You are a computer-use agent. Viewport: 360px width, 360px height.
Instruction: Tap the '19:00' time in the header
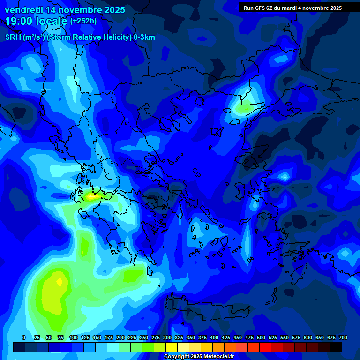(20, 21)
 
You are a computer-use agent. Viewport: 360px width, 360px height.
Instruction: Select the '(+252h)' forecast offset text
(83, 21)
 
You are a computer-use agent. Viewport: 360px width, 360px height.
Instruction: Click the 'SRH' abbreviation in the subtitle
(13, 37)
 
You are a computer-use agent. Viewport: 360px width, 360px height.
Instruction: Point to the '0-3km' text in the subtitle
(144, 37)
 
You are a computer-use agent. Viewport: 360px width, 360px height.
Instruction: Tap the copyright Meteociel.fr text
(199, 357)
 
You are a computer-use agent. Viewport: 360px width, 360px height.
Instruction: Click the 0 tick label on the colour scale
(24, 337)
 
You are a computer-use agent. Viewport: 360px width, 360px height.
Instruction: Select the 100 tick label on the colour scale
(73, 337)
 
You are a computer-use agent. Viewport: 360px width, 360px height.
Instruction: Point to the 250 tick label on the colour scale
(144, 337)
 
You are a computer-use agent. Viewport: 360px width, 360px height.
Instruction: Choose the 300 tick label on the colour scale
(167, 337)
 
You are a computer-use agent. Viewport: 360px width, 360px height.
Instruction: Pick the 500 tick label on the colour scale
(261, 337)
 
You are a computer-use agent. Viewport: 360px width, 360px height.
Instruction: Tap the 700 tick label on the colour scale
(343, 337)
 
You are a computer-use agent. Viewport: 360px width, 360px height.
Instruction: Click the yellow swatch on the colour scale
(171, 347)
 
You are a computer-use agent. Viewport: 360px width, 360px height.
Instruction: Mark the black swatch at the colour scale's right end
(336, 347)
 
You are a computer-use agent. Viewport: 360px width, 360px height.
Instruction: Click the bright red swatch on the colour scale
(265, 347)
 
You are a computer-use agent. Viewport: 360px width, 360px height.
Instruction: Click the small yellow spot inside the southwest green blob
(60, 282)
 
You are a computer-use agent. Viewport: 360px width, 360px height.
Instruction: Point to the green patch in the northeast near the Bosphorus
(245, 108)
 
